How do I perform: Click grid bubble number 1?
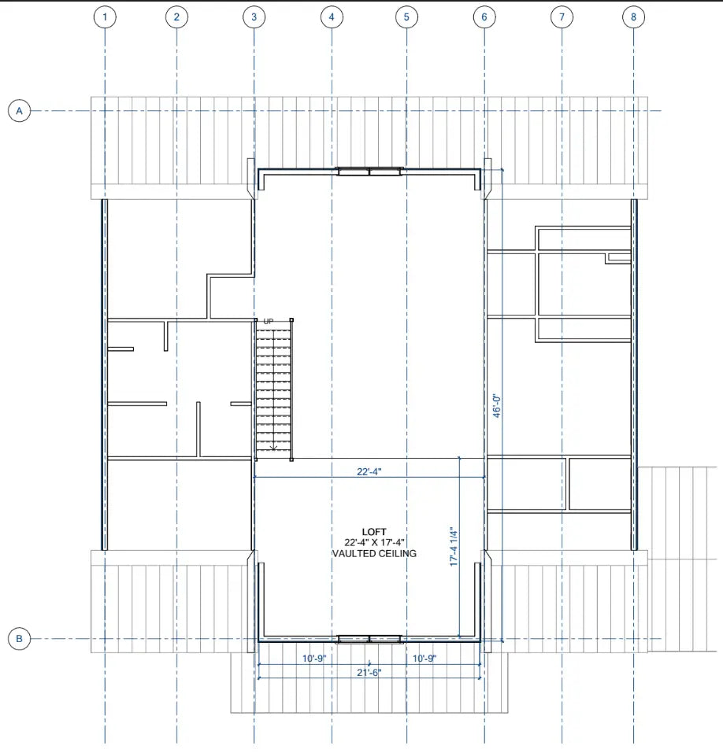tap(105, 17)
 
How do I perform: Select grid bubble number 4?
tap(332, 17)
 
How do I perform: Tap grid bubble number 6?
tap(484, 17)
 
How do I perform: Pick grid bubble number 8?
tap(633, 17)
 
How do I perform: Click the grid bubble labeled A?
tap(19, 111)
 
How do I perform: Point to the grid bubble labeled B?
tap(19, 639)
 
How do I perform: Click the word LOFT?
tap(374, 532)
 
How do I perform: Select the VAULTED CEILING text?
tap(374, 553)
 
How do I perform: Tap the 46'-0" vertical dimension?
tap(497, 406)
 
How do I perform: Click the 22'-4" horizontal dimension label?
tap(369, 471)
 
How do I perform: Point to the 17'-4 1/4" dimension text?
tap(454, 547)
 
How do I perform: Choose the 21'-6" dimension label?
tap(369, 672)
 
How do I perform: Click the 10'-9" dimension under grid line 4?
tap(314, 659)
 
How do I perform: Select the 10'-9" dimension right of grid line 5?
tap(425, 659)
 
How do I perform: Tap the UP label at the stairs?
tap(269, 321)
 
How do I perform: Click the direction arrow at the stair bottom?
tap(273, 448)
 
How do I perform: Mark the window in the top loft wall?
tap(369, 171)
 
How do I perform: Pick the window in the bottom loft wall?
tap(369, 639)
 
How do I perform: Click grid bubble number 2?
tap(176, 17)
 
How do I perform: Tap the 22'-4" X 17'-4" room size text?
tap(374, 542)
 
